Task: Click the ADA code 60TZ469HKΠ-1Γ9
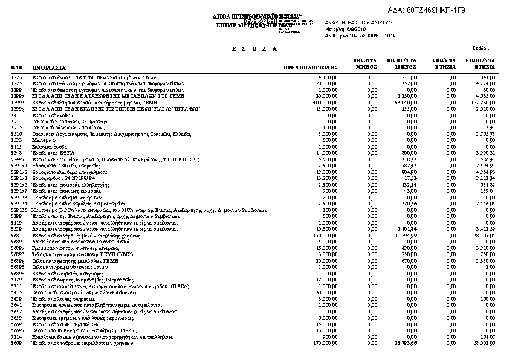pos(436,10)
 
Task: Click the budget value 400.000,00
pos(332,103)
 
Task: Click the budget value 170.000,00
pos(332,343)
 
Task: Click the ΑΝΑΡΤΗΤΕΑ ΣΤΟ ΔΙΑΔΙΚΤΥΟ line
pos(359,22)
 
